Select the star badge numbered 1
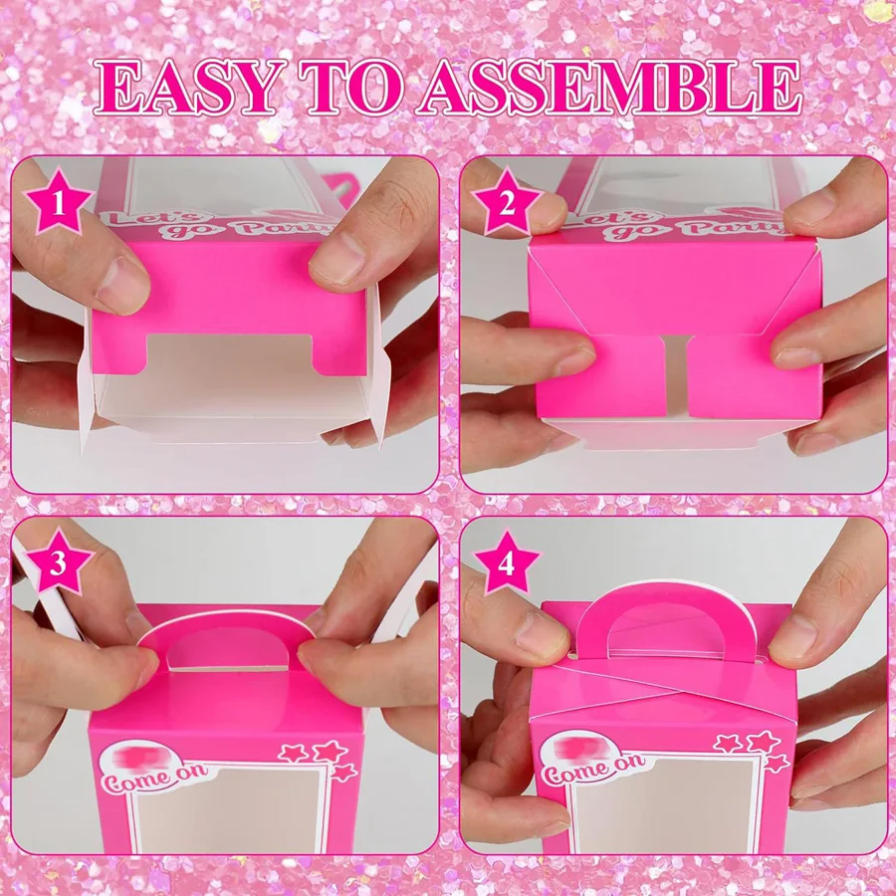point(59,204)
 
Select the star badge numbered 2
point(508,205)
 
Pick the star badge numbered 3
point(59,564)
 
